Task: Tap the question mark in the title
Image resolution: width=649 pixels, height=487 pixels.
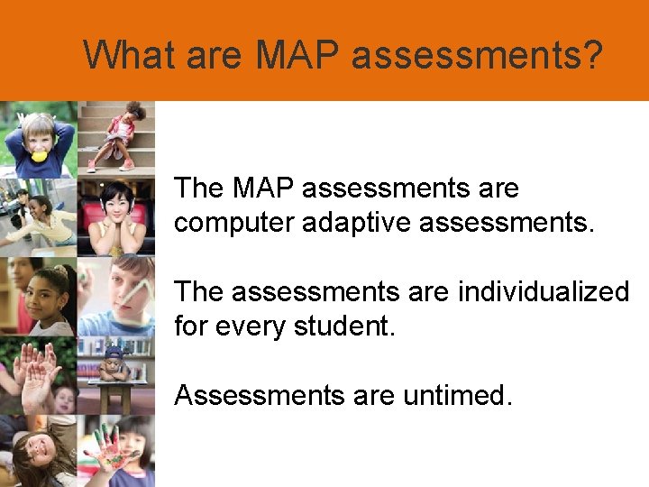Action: pos(590,55)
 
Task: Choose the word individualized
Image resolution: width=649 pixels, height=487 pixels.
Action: pos(544,291)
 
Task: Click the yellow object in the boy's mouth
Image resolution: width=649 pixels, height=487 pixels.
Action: pos(40,155)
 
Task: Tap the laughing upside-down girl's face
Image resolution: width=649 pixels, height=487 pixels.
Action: pos(34,446)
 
